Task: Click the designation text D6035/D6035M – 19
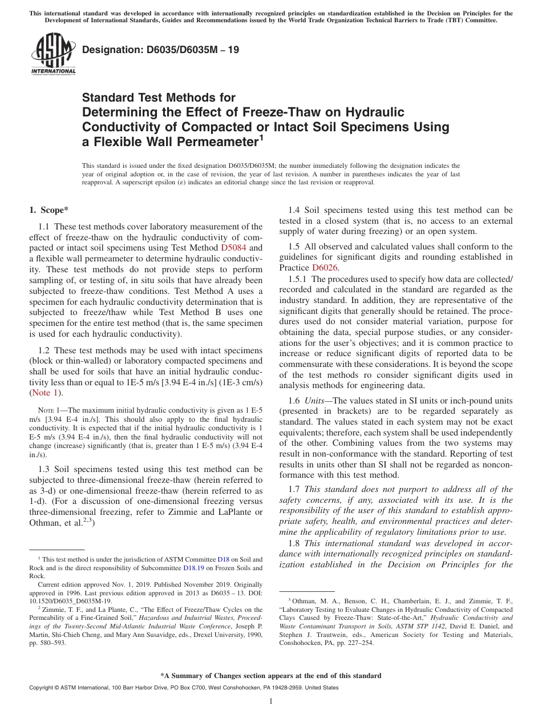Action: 160,50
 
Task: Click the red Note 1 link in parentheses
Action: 46,393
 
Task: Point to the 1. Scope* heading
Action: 49,210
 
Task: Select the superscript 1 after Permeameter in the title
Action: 261,138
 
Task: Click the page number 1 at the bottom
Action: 271,701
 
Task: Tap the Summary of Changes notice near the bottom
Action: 270,676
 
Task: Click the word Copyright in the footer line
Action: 43,688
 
